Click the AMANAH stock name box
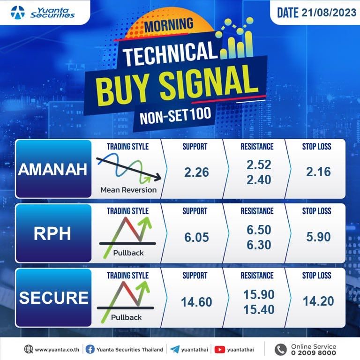click(x=53, y=169)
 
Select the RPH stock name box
click(x=53, y=233)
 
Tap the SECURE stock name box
click(x=53, y=298)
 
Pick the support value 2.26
click(x=196, y=172)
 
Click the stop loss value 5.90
click(x=318, y=237)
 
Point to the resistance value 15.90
click(x=259, y=294)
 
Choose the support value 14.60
click(x=196, y=302)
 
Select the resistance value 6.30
click(x=259, y=245)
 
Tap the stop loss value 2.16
click(x=318, y=172)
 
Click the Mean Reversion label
click(x=128, y=190)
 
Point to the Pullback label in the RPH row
click(x=128, y=253)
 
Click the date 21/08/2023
click(x=329, y=12)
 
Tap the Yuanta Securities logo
click(x=43, y=12)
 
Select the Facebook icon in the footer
click(x=90, y=349)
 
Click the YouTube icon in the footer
click(x=219, y=349)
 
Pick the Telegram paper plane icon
click(x=175, y=349)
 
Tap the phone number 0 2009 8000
click(x=314, y=352)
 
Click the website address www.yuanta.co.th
click(x=57, y=350)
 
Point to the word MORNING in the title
click(x=169, y=25)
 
